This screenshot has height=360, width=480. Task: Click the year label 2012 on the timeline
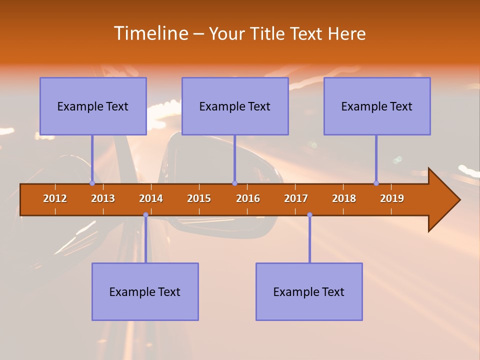[x=55, y=198]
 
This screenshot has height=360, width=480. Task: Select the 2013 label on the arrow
[x=103, y=198]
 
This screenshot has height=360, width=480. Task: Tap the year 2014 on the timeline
[x=151, y=198]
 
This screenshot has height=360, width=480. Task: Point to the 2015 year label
[x=199, y=198]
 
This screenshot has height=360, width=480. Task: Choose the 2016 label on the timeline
[x=248, y=198]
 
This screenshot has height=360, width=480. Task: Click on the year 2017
[x=296, y=198]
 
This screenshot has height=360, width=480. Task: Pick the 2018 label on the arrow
[x=344, y=198]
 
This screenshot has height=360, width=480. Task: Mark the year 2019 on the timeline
[x=392, y=198]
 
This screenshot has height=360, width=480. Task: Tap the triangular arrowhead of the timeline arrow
[x=443, y=200]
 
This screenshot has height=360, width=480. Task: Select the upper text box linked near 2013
[x=93, y=106]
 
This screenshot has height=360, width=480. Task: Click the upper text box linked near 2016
[x=235, y=106]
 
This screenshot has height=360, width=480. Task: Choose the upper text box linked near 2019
[x=377, y=106]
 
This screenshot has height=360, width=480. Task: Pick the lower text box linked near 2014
[x=145, y=291]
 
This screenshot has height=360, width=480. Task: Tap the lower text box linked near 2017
[x=309, y=291]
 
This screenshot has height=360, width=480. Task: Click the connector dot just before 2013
[x=92, y=183]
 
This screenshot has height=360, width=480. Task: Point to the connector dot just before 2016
[x=234, y=183]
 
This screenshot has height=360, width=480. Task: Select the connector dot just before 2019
[x=376, y=183]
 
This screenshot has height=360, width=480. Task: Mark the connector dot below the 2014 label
[x=145, y=215]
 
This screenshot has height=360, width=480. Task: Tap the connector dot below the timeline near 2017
[x=309, y=215]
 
